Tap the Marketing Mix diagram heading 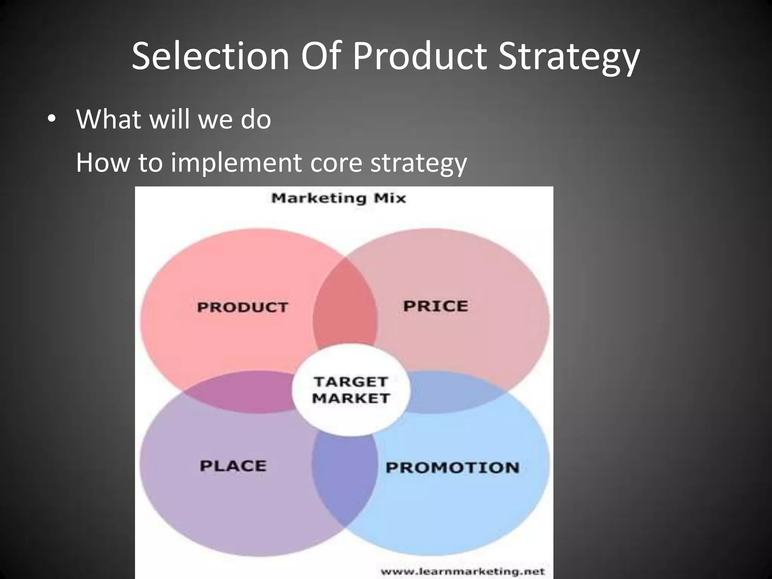click(339, 198)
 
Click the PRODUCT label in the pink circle click(242, 307)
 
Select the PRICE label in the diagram click(435, 306)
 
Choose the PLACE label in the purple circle click(233, 466)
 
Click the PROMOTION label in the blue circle click(452, 468)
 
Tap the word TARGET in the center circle click(351, 382)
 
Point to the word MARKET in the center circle click(351, 398)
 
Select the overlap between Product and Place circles click(241, 392)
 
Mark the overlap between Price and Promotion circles click(452, 392)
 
